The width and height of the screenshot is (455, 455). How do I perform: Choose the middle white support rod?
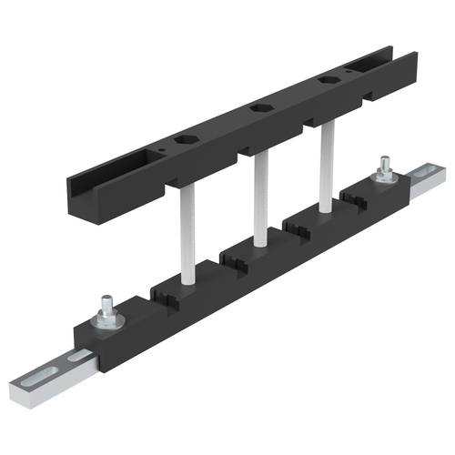tap(261, 199)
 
